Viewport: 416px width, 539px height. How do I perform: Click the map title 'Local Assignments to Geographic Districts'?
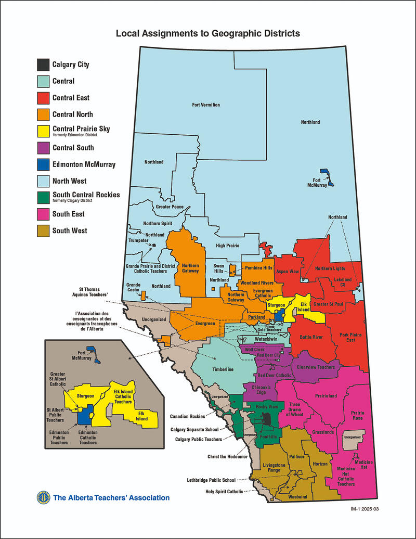click(207, 34)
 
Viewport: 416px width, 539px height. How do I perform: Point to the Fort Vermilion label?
click(206, 105)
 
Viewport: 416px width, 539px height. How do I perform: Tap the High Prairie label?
click(227, 246)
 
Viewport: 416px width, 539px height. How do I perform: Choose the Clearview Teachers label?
click(316, 367)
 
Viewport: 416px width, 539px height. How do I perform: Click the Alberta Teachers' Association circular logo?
click(43, 498)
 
